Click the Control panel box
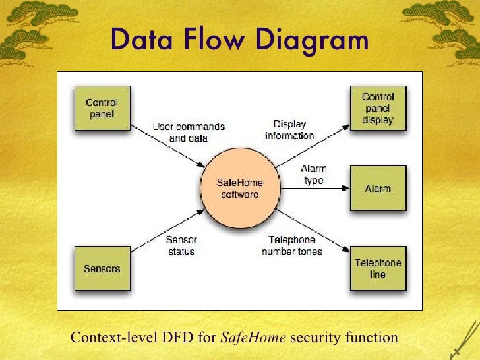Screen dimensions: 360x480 coord(102,108)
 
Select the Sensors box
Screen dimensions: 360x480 coord(102,269)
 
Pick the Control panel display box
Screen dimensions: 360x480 coord(378,108)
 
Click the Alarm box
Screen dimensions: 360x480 coord(378,189)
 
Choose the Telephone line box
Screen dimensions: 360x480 coord(378,269)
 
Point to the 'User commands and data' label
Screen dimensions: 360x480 coord(189,133)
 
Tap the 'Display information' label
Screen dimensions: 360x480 coord(289,130)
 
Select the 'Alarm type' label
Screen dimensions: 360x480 coord(313,175)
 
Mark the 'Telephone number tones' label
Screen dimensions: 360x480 coord(291,246)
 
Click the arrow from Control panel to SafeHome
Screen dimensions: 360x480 coord(168,144)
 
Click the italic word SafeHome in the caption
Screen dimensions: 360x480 coord(253,338)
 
